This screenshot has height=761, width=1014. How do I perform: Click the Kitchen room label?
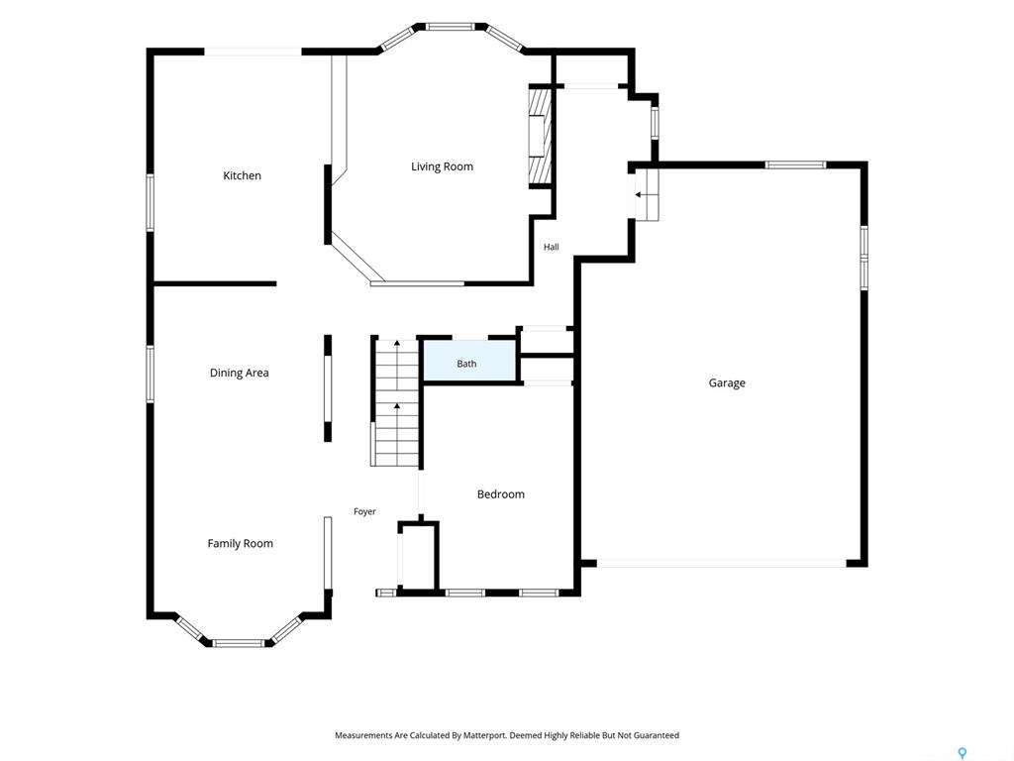tap(242, 175)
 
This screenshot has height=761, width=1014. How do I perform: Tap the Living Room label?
tap(443, 166)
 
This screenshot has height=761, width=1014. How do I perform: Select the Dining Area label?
tap(240, 373)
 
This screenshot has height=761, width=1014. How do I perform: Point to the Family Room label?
tap(240, 544)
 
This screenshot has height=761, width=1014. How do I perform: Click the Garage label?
tap(727, 383)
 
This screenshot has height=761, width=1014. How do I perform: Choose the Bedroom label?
tap(500, 494)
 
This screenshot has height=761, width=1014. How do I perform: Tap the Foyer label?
tap(364, 511)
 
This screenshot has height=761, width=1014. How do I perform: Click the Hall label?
tap(551, 247)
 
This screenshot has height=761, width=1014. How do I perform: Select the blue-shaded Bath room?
tap(469, 361)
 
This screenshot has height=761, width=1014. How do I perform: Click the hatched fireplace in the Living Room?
tap(540, 136)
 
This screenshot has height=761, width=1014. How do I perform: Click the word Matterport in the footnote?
tap(484, 735)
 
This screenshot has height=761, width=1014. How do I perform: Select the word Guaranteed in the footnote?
tap(657, 735)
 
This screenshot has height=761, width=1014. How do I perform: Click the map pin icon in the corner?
tap(963, 753)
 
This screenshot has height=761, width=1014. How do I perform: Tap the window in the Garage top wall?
tap(795, 165)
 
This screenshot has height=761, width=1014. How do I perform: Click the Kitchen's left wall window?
tap(151, 202)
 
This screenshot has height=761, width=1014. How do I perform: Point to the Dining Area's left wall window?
tap(151, 374)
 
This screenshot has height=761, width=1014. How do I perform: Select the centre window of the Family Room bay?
tap(239, 643)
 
